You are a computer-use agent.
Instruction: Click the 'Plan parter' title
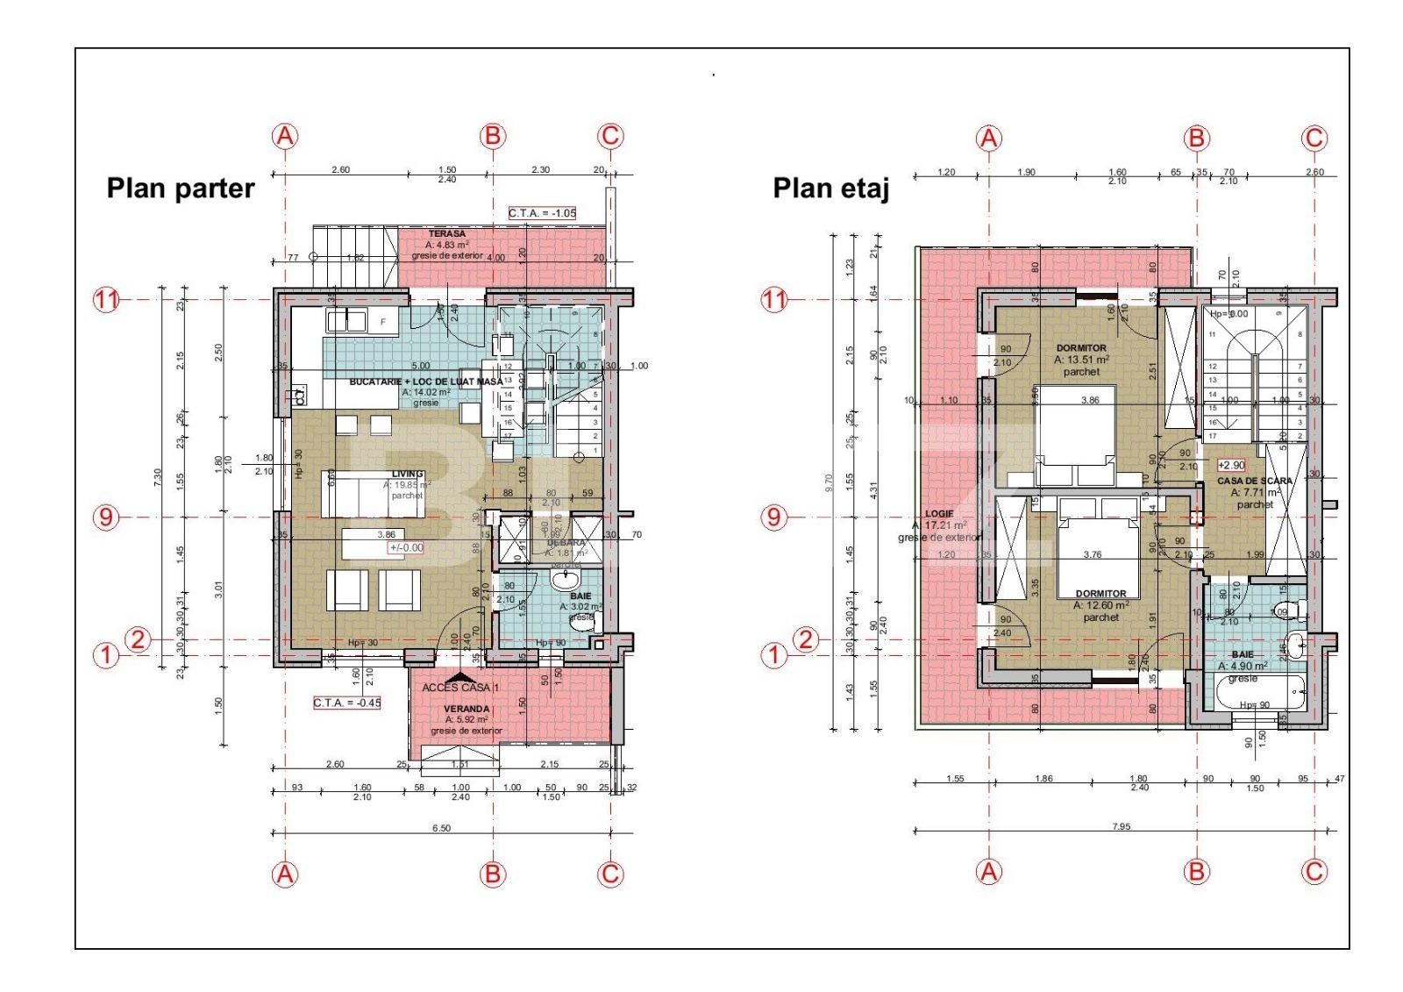(x=180, y=189)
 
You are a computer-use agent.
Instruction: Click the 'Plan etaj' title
(x=830, y=189)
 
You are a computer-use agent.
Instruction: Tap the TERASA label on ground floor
(x=446, y=234)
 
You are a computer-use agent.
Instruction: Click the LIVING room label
(x=407, y=475)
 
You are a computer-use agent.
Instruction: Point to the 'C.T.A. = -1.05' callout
(x=542, y=213)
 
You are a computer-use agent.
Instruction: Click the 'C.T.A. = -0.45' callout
(x=347, y=703)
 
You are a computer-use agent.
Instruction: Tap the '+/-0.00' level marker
(x=406, y=547)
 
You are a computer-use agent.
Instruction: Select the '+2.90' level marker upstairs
(x=1231, y=465)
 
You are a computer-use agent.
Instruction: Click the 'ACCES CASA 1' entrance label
(x=460, y=688)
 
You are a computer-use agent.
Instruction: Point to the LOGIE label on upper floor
(x=938, y=514)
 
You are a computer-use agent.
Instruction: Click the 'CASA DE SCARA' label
(x=1254, y=482)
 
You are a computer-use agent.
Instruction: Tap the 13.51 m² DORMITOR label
(x=1080, y=348)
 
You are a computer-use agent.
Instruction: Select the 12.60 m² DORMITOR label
(x=1100, y=594)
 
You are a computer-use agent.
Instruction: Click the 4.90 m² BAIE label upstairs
(x=1242, y=654)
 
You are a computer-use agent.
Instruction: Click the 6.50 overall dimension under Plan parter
(x=441, y=828)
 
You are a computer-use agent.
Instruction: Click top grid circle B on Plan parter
(x=493, y=136)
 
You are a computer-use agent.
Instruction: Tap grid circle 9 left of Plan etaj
(x=773, y=517)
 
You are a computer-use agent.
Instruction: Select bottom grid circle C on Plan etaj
(x=1314, y=872)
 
